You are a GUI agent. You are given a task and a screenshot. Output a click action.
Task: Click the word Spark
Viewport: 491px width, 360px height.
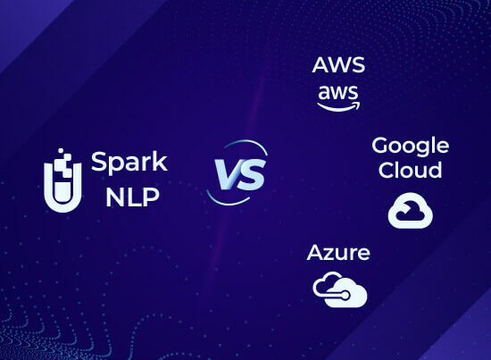point(129,163)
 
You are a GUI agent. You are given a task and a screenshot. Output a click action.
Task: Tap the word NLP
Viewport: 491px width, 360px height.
point(132,197)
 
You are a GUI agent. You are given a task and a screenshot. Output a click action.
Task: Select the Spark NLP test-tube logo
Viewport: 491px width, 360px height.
point(62,180)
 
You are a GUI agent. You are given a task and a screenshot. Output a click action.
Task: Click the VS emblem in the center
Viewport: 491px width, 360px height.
point(237,172)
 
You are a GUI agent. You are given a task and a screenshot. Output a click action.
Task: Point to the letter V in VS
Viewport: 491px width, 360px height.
point(227,174)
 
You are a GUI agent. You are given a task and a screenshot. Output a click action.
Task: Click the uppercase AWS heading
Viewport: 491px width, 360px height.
point(338,65)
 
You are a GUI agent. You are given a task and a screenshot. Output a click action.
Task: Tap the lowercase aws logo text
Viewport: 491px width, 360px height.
point(337,93)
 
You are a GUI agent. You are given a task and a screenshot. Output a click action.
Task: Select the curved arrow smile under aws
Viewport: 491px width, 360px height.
point(339,108)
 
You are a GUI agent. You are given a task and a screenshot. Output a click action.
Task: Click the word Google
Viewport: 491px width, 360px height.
point(411,147)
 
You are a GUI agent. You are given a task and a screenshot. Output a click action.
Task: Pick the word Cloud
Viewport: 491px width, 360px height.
point(411,170)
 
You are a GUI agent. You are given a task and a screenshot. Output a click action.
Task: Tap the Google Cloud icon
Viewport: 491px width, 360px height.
point(411,210)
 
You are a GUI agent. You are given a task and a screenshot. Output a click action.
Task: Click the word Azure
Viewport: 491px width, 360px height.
point(338,253)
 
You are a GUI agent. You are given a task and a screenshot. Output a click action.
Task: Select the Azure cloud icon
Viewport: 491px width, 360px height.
point(340,289)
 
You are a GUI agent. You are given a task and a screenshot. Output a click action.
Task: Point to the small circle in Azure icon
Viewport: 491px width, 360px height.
point(345,295)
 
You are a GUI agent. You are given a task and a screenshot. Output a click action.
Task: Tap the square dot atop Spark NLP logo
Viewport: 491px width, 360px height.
point(61,151)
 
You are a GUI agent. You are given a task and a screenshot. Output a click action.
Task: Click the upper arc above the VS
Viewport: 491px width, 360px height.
point(247,144)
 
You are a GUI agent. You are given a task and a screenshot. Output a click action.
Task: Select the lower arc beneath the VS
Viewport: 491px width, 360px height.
point(227,201)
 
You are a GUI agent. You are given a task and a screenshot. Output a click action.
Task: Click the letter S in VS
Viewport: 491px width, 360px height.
point(252,174)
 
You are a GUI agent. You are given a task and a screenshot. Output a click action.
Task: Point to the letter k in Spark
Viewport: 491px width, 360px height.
point(161,161)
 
